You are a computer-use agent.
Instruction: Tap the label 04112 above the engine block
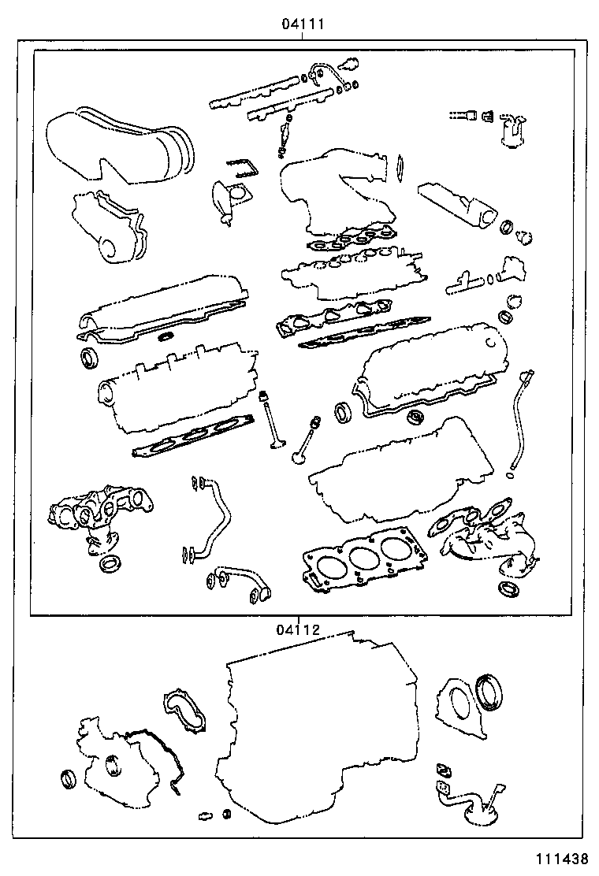[297, 629]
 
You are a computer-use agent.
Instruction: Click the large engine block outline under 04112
[323, 725]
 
